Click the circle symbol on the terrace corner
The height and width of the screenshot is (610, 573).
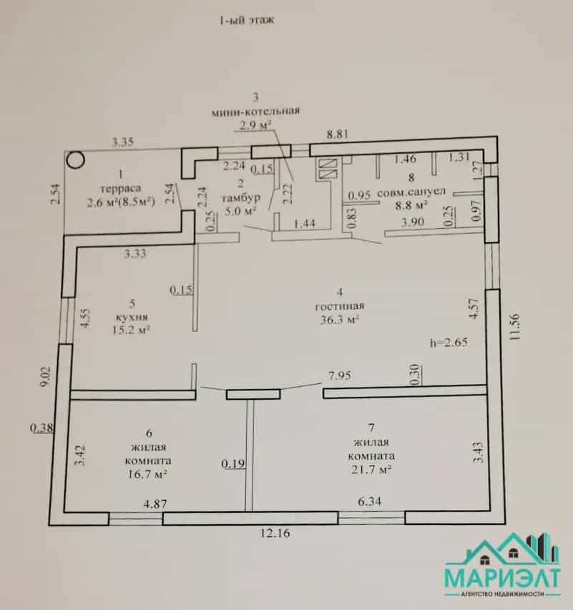click(75, 159)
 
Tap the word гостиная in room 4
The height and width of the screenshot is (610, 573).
click(340, 306)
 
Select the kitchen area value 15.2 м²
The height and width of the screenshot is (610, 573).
click(131, 330)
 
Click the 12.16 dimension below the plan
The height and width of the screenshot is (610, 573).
click(275, 533)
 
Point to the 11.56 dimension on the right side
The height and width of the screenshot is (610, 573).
click(514, 328)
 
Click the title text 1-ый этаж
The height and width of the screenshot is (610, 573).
click(247, 20)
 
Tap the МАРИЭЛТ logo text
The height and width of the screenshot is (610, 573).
click(503, 579)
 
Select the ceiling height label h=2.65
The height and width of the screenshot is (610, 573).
click(449, 343)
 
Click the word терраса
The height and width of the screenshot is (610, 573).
click(121, 189)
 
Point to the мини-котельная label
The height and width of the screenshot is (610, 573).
click(255, 112)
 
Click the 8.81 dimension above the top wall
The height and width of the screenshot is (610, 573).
click(338, 134)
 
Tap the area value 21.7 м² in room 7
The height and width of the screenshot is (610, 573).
click(371, 470)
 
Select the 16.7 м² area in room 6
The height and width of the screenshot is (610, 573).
click(147, 475)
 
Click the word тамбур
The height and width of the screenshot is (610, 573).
click(241, 198)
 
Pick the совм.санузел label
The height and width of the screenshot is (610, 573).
click(411, 192)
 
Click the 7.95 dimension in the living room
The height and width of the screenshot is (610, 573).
click(340, 376)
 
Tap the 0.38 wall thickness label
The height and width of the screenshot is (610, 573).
click(41, 428)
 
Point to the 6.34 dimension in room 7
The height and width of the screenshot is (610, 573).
click(369, 501)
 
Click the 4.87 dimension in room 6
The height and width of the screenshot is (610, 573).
click(155, 504)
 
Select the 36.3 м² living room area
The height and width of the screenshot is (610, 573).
click(339, 320)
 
